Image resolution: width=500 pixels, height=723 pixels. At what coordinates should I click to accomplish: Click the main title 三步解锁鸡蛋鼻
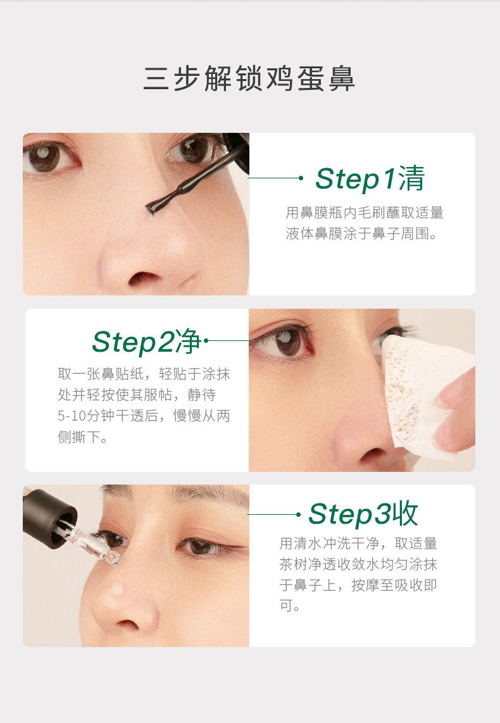[x=249, y=78]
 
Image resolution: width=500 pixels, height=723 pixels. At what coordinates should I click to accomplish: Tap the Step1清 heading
[x=370, y=178]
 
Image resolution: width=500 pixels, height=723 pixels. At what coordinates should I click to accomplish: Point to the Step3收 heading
[x=363, y=514]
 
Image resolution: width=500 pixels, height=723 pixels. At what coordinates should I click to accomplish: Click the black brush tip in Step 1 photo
[x=154, y=207]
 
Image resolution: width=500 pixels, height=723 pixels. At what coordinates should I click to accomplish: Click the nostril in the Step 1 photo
[x=144, y=278]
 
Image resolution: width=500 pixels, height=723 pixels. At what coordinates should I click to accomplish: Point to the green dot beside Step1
[x=301, y=178]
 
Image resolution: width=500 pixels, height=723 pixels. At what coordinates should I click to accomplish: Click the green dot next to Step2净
[x=206, y=341]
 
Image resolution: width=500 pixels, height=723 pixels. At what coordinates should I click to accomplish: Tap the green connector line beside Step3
[x=272, y=514]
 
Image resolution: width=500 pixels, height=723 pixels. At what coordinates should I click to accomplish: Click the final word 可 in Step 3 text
[x=287, y=605]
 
